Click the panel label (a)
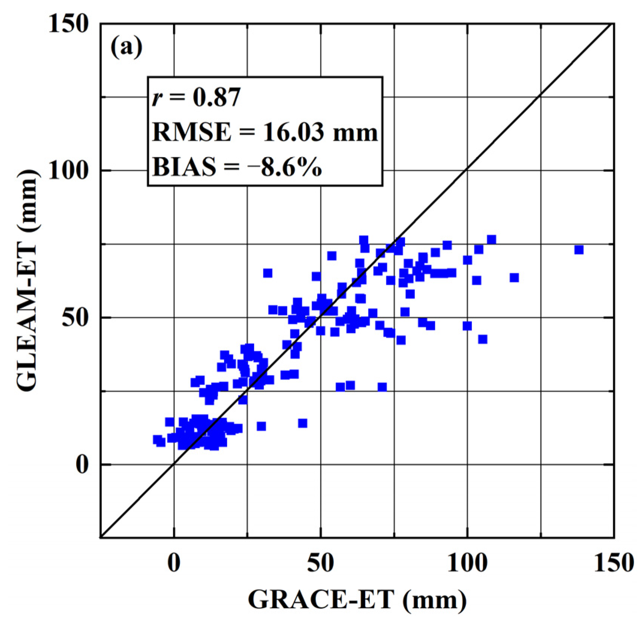click(126, 48)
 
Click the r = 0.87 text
click(196, 98)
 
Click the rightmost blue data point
click(579, 250)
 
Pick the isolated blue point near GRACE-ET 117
click(514, 277)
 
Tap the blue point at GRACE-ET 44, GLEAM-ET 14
click(303, 423)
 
